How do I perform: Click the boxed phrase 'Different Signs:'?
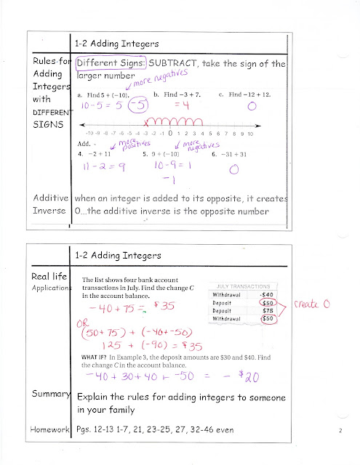coord(108,63)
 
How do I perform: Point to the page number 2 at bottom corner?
coord(340,432)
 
